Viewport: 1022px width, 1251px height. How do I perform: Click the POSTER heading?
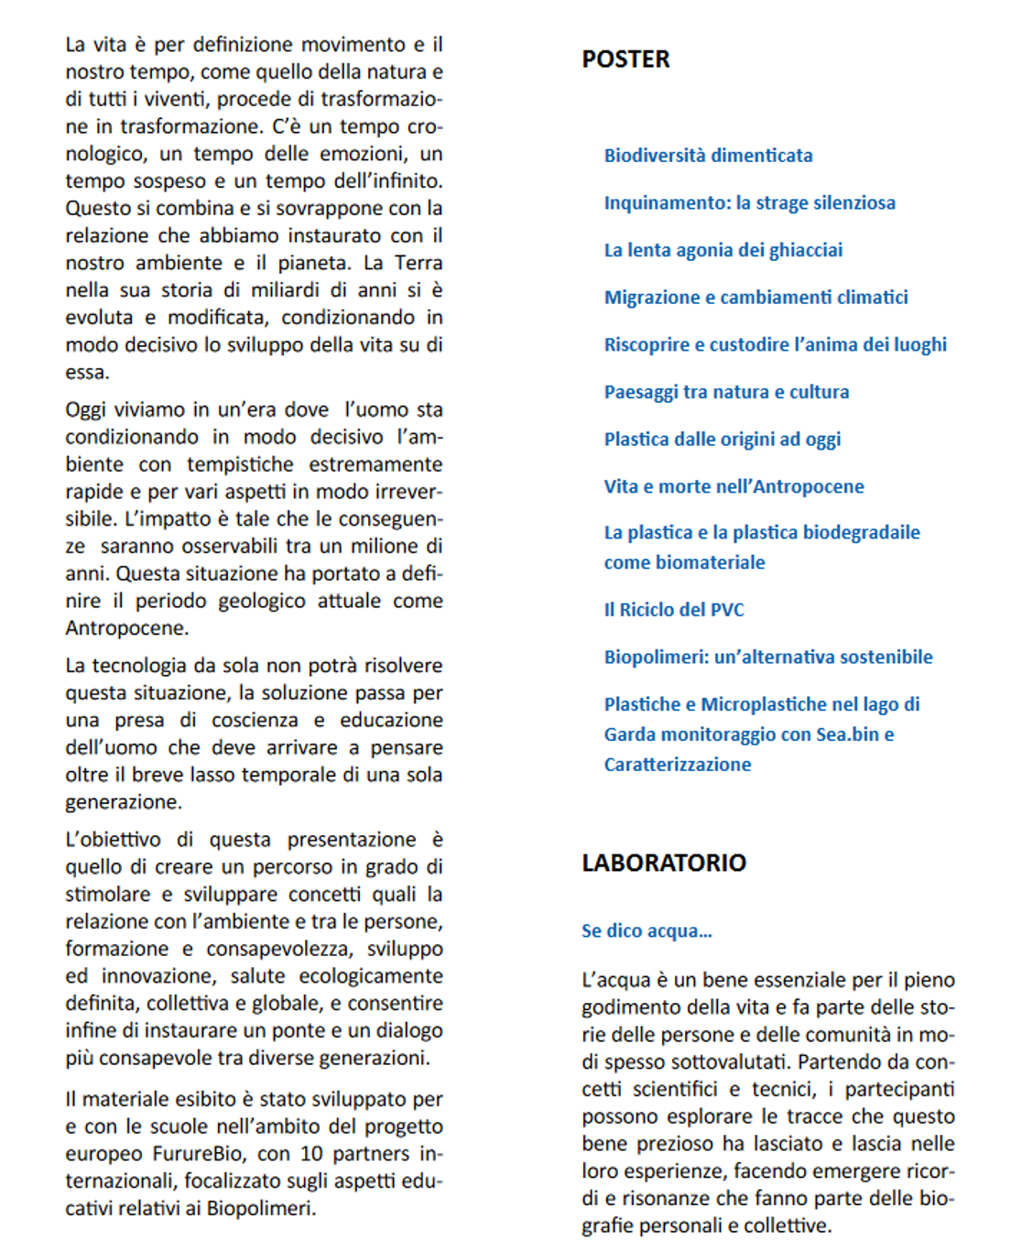point(625,60)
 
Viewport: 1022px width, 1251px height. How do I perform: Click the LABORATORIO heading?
point(664,863)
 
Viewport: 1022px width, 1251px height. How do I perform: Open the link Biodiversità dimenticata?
point(708,156)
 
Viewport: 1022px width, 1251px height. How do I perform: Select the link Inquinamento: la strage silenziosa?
point(749,203)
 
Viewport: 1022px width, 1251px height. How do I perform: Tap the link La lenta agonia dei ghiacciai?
point(723,250)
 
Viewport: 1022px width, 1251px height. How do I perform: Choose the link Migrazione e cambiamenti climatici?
point(756,298)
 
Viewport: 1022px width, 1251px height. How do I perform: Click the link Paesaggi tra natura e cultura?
point(726,392)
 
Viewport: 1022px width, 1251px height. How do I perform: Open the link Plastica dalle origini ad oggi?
point(722,440)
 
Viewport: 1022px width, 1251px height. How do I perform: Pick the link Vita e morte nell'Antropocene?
point(734,486)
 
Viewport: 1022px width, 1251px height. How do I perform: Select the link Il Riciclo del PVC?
point(674,610)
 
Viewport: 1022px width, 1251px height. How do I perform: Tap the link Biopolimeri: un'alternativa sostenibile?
point(767,657)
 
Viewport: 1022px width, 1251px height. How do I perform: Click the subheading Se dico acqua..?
point(647,931)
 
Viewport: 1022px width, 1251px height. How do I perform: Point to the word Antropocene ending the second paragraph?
point(126,628)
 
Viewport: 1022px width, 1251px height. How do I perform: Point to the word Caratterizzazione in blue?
point(677,765)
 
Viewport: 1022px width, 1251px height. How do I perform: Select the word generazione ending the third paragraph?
point(123,802)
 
